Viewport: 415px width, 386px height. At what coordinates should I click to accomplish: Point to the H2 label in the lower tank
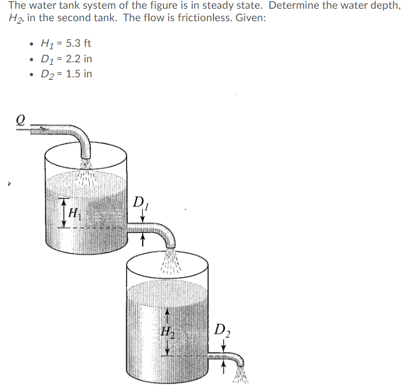coord(166,332)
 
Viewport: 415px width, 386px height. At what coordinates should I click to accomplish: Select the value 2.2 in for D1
coord(80,59)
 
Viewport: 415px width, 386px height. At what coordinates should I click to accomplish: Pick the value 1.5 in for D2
coord(80,74)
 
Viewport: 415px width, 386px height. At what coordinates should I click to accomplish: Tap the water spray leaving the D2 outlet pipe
coord(241,375)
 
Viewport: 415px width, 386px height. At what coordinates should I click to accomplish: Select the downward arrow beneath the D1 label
coord(143,215)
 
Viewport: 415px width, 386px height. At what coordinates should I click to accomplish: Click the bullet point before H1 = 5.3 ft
coord(31,44)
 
